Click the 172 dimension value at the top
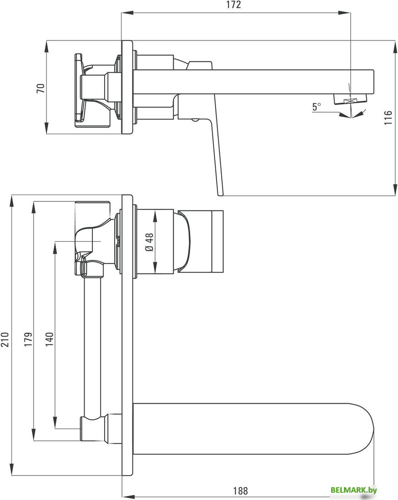(233, 5)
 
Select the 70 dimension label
(40, 88)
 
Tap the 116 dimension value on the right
(388, 118)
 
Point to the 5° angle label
(317, 107)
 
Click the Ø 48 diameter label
(150, 242)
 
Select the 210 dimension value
(5, 339)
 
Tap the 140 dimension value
(49, 339)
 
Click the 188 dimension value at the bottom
(241, 491)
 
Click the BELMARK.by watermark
(354, 490)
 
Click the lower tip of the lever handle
(221, 193)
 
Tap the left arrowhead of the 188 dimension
(126, 496)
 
